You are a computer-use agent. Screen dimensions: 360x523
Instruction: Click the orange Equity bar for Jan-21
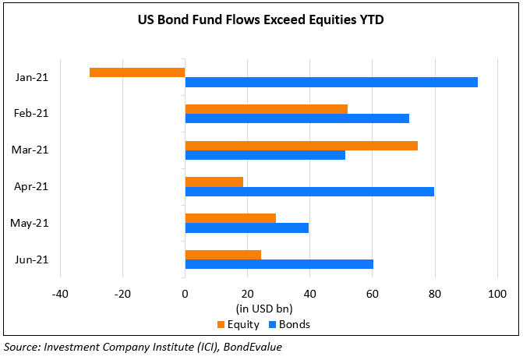click(137, 72)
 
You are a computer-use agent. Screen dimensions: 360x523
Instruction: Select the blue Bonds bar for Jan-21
click(331, 82)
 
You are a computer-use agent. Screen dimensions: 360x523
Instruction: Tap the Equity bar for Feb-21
click(266, 109)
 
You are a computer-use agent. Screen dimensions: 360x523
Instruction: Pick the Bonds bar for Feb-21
click(297, 118)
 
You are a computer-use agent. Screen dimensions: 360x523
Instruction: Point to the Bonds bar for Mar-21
click(265, 154)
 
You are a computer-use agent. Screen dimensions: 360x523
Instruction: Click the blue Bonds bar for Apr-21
click(309, 191)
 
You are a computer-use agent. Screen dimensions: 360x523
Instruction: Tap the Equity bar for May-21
click(230, 218)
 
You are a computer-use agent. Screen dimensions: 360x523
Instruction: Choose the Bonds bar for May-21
click(246, 228)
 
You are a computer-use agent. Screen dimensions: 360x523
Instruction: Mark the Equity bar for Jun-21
click(223, 255)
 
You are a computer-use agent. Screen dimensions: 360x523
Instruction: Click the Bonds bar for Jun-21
click(279, 264)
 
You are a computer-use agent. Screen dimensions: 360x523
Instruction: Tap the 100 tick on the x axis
click(496, 295)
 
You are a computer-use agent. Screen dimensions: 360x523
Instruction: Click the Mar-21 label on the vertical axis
click(32, 150)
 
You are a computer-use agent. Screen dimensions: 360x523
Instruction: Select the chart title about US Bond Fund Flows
click(261, 20)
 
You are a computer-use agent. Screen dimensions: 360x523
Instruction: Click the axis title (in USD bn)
click(263, 309)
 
